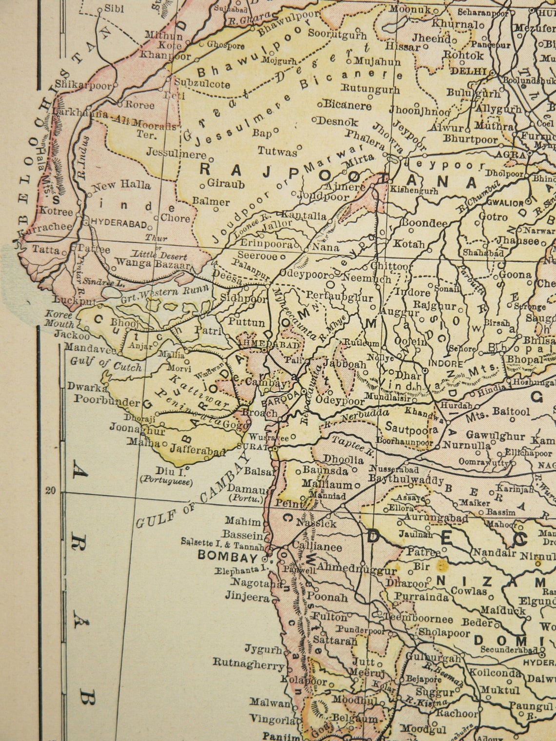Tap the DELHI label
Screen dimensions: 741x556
(x=468, y=71)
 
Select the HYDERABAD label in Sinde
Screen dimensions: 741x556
(x=119, y=224)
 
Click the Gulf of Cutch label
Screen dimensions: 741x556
(x=106, y=364)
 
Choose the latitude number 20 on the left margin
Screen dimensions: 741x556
(x=51, y=490)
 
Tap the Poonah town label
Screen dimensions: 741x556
(x=327, y=597)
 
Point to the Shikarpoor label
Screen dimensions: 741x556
(x=83, y=85)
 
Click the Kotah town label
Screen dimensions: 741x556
(x=409, y=243)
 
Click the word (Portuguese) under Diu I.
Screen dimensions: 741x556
(x=166, y=481)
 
